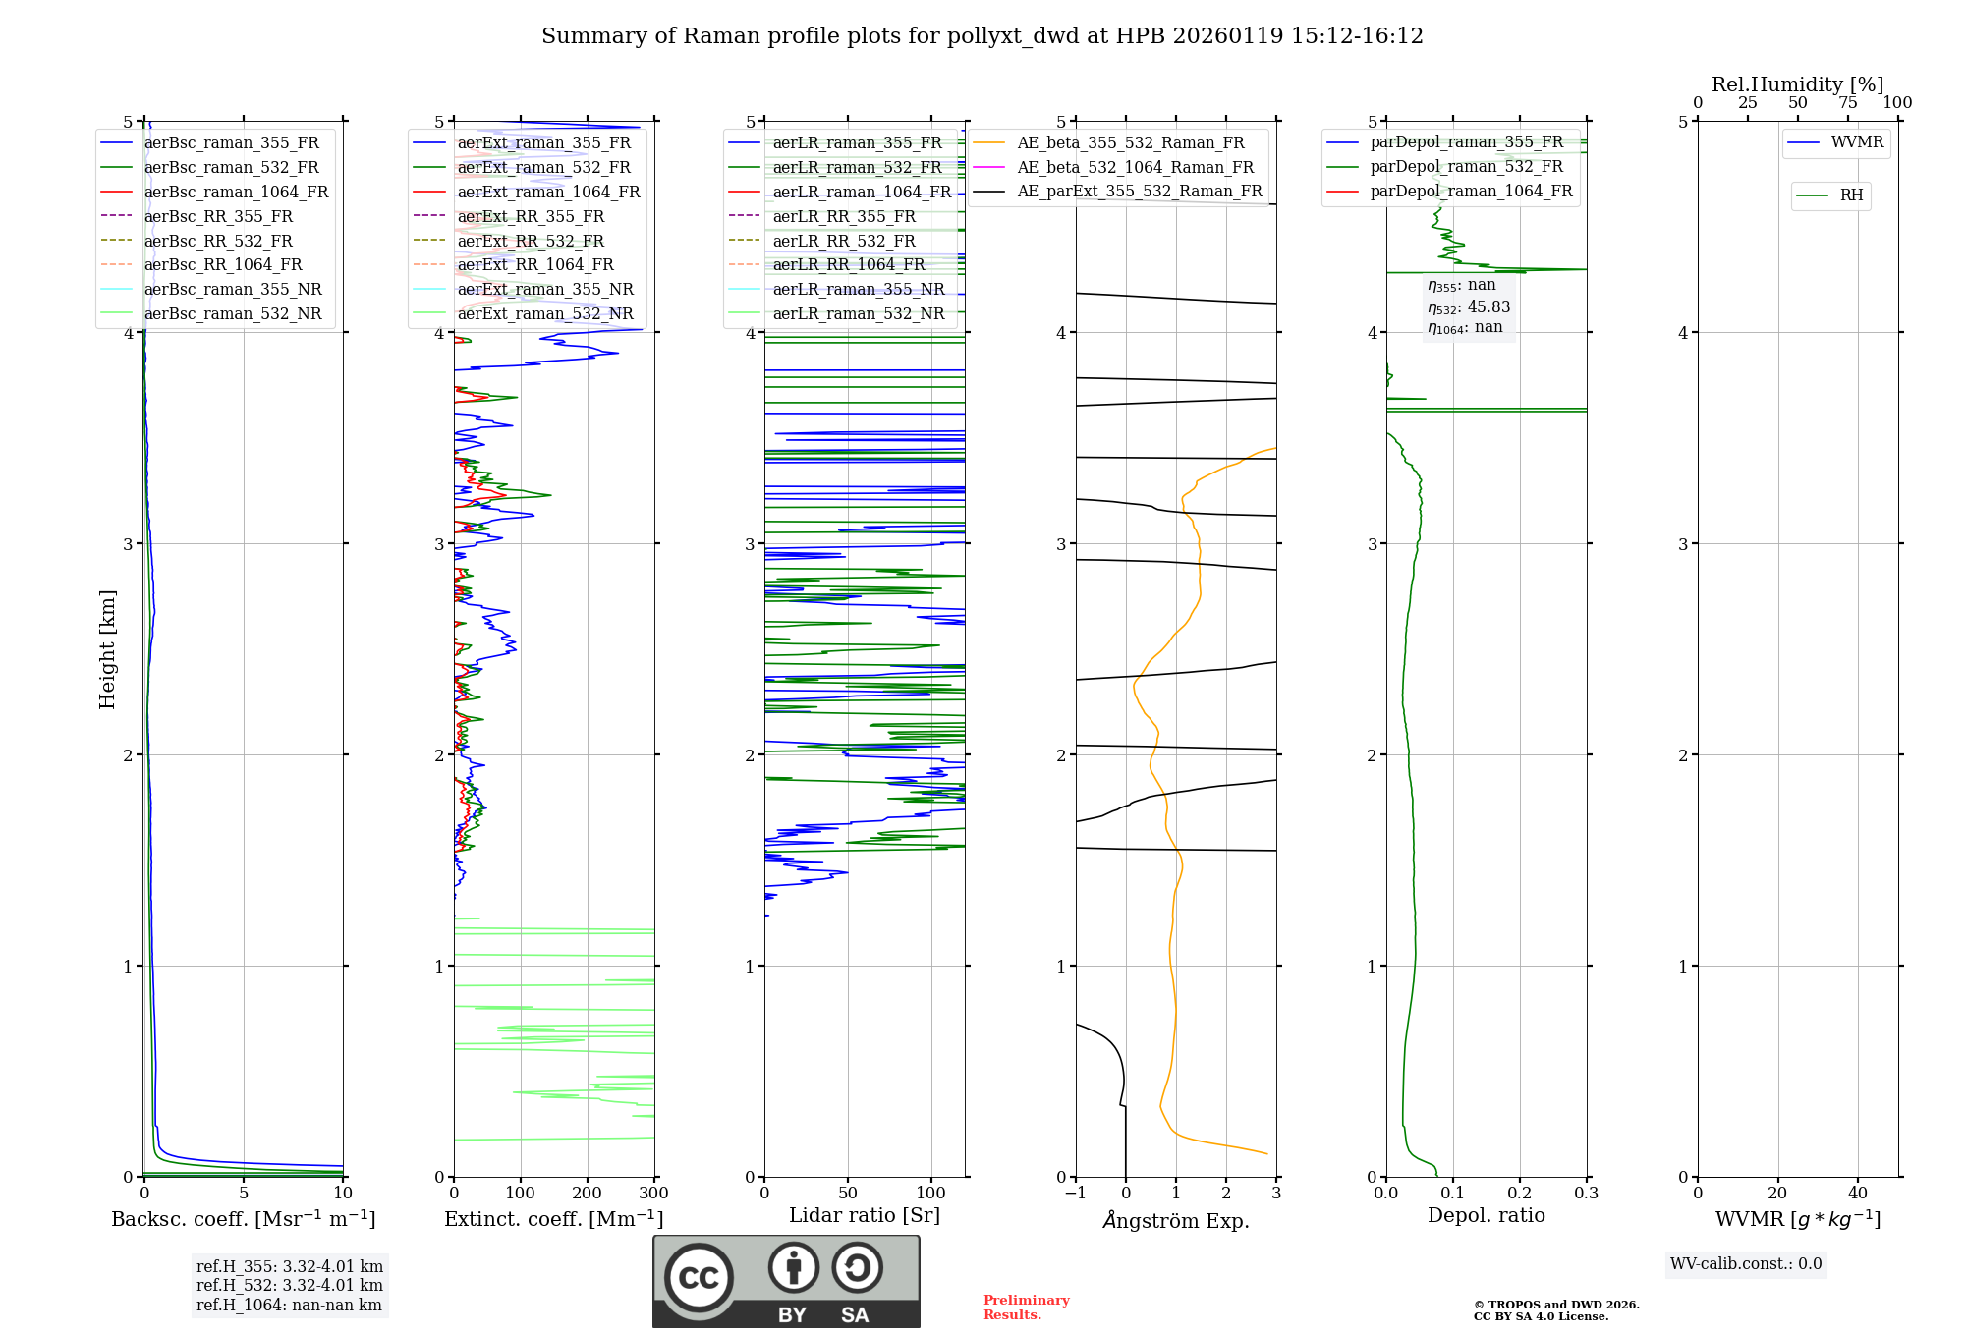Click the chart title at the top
[982, 36]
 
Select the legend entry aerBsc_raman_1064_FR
[236, 192]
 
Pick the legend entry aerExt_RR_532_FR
[531, 241]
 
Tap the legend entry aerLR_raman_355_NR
[858, 289]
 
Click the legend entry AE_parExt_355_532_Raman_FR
[1139, 191]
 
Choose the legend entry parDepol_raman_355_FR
[1466, 142]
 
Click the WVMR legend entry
[1856, 142]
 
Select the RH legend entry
[1851, 195]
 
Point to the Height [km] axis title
[107, 649]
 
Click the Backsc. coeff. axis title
[243, 1219]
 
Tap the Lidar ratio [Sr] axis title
[864, 1215]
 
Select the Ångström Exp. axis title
[1175, 1220]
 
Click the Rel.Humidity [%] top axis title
[1797, 84]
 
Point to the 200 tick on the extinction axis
[587, 1194]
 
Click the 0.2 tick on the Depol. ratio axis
[1519, 1194]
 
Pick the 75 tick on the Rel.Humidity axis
[1847, 103]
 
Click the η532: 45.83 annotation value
[1469, 307]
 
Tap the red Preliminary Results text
[1026, 1308]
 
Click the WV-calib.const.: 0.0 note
[1745, 1264]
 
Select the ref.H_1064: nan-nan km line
[289, 1305]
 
